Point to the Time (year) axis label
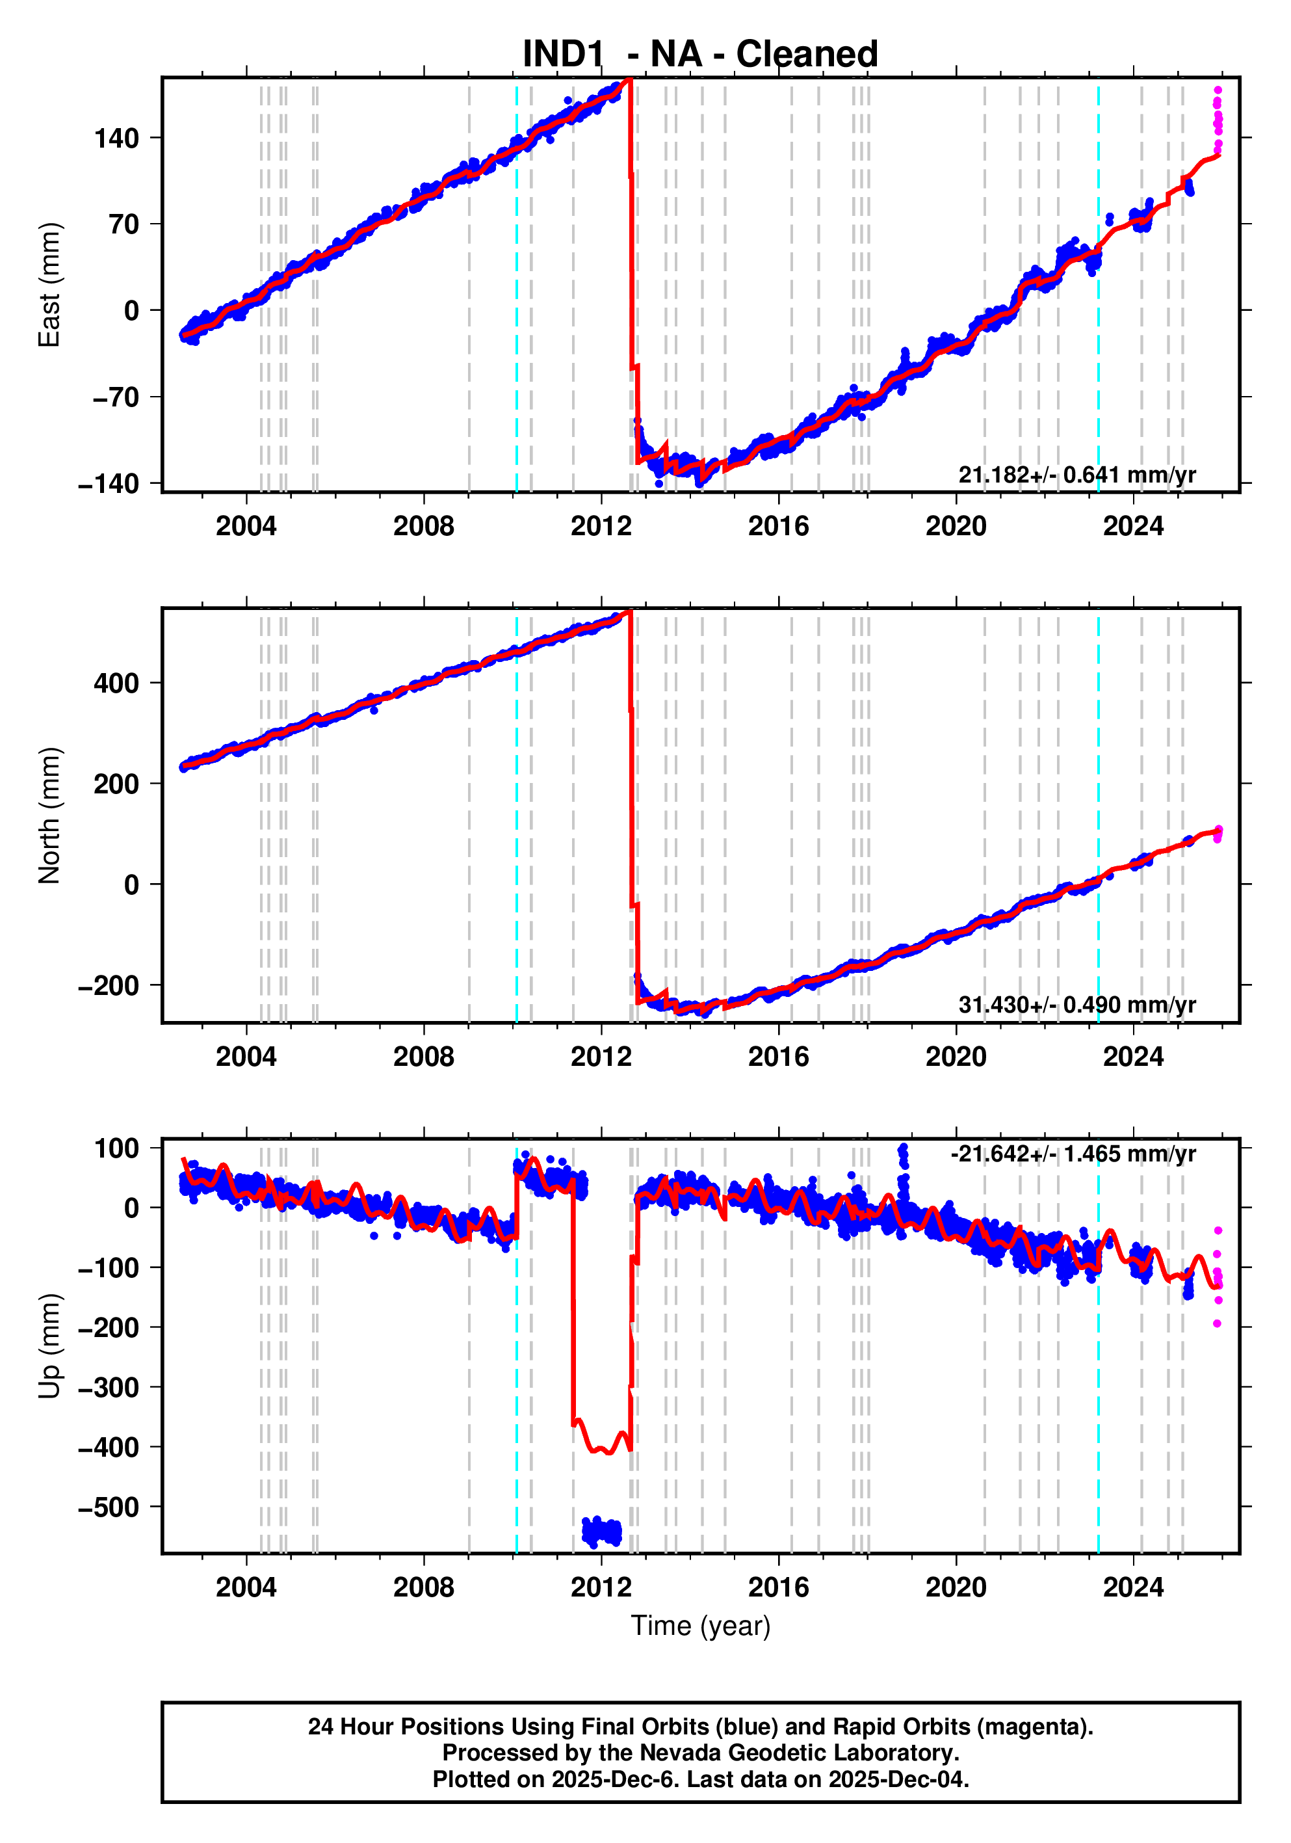(x=701, y=1625)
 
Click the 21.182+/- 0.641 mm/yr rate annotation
(x=1076, y=474)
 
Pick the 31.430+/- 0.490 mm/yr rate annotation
(x=1076, y=1005)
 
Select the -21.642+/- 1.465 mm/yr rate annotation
(x=1073, y=1154)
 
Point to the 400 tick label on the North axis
(x=116, y=683)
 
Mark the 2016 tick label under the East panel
(x=778, y=527)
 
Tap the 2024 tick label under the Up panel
(x=1133, y=1587)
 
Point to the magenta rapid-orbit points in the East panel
(x=1217, y=120)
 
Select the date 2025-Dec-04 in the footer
(x=898, y=1779)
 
